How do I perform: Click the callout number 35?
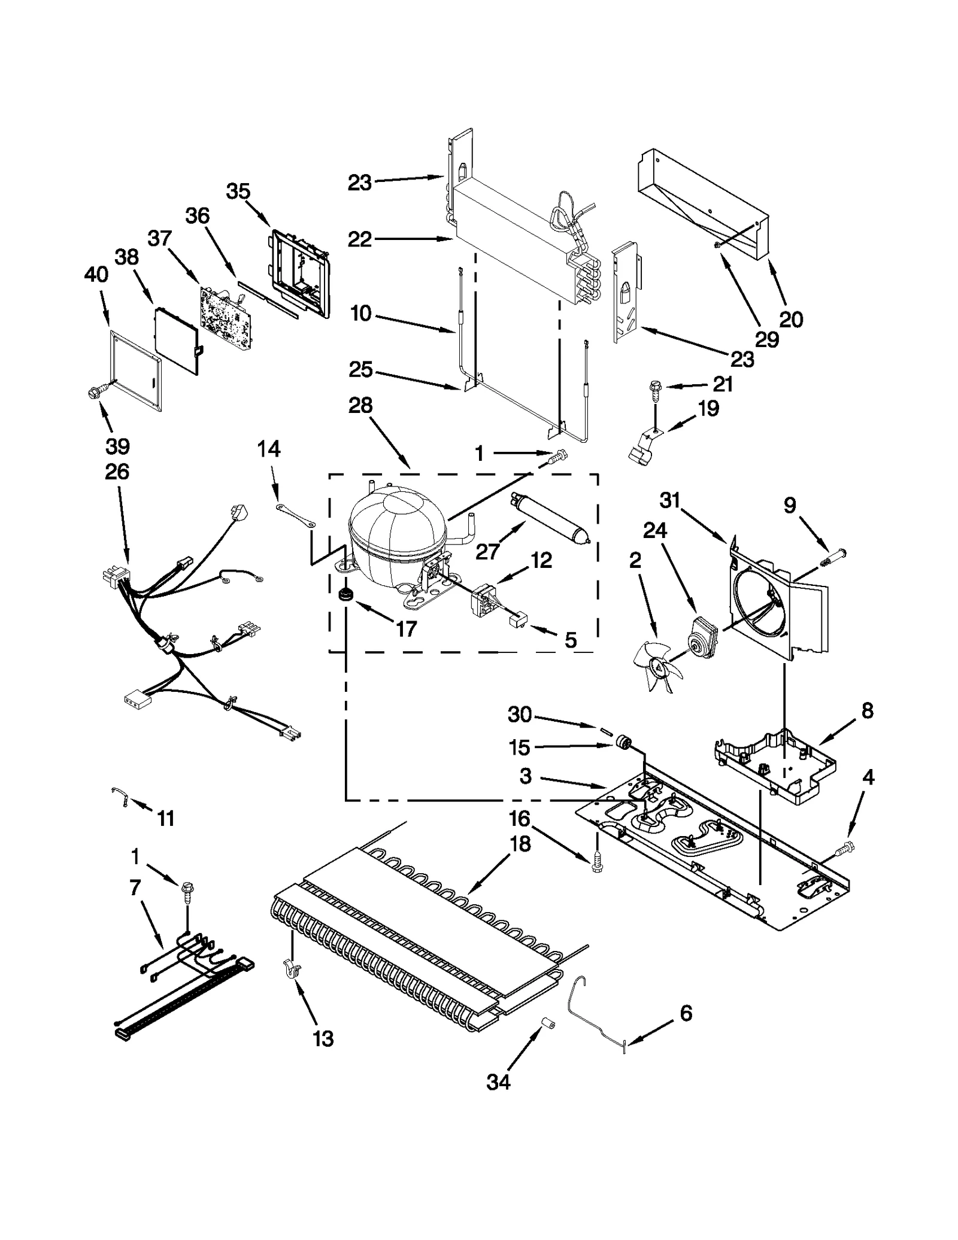tap(238, 192)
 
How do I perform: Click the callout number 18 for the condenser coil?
tap(520, 844)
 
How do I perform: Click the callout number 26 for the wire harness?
tap(117, 472)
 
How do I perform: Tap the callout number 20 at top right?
tap(791, 320)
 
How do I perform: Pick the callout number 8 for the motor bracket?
tap(868, 711)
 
